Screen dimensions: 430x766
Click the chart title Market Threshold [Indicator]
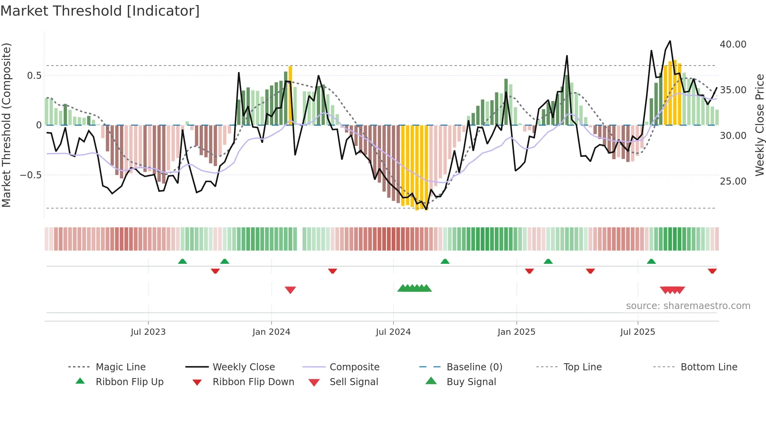100,11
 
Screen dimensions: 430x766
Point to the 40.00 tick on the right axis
733,44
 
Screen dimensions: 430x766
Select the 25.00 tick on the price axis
733,181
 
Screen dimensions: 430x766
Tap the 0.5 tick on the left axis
34,76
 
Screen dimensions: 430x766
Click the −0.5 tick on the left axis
31,175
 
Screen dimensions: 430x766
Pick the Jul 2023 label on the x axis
148,332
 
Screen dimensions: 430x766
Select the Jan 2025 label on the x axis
516,332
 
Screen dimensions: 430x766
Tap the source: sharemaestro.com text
688,306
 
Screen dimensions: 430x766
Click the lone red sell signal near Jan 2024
290,290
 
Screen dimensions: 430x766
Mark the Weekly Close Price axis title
759,125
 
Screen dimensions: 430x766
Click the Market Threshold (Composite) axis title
6,125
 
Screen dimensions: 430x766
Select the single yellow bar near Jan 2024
290,94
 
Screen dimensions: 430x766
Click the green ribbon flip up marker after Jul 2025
651,261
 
